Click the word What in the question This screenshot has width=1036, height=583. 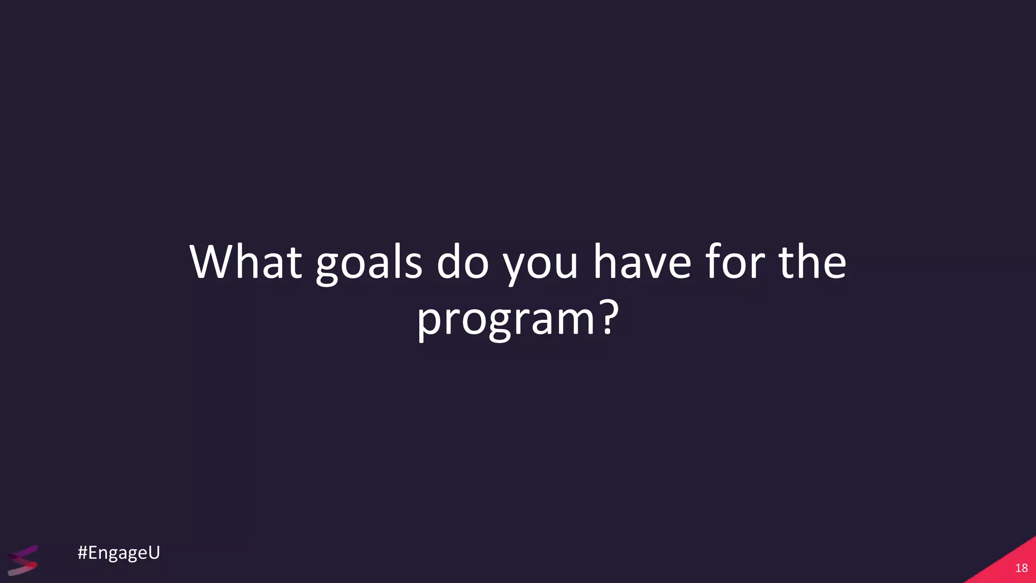pos(246,262)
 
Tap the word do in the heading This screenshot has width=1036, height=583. pos(462,262)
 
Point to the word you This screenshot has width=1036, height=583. pos(540,264)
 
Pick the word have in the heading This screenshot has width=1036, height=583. pos(642,262)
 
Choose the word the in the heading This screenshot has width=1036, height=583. pos(812,262)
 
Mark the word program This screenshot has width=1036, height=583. pos(505,320)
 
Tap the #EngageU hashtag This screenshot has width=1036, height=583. pos(119,553)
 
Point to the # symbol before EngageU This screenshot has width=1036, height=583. pos(82,553)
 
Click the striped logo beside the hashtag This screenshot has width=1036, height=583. pos(23,560)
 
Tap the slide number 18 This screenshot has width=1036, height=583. pos(1021,568)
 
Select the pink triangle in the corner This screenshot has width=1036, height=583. pos(1007,564)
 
